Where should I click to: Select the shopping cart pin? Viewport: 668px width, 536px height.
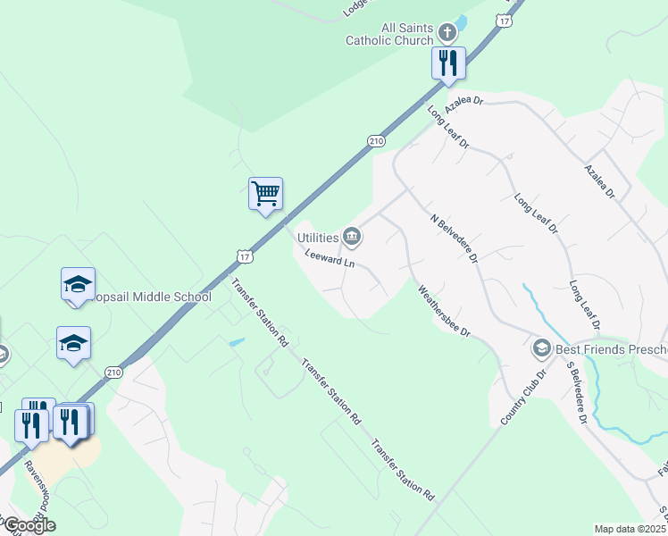(x=265, y=193)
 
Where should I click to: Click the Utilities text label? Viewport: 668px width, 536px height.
(x=317, y=238)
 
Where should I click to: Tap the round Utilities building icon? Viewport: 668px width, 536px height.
(x=352, y=237)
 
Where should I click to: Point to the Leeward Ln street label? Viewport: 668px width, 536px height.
(x=330, y=259)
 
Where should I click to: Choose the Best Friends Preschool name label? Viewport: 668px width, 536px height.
(x=612, y=348)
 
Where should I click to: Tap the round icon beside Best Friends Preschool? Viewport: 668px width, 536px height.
(x=541, y=347)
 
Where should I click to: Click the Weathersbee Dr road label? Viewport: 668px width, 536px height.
(x=444, y=310)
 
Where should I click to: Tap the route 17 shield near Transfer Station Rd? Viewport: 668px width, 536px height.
(x=245, y=256)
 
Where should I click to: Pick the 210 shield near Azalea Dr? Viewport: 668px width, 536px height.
(x=376, y=141)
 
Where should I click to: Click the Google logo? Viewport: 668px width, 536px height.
(x=29, y=525)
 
